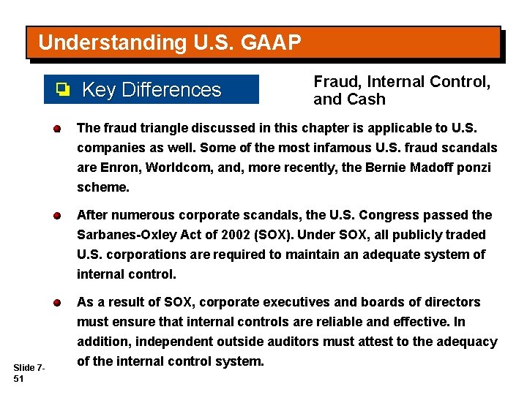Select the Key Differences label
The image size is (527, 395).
(x=152, y=90)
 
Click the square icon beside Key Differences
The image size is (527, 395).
(x=63, y=90)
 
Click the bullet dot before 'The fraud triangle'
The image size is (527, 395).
(x=56, y=129)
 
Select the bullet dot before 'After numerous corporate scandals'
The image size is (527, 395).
(x=56, y=216)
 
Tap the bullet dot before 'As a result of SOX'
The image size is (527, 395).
(x=56, y=303)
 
